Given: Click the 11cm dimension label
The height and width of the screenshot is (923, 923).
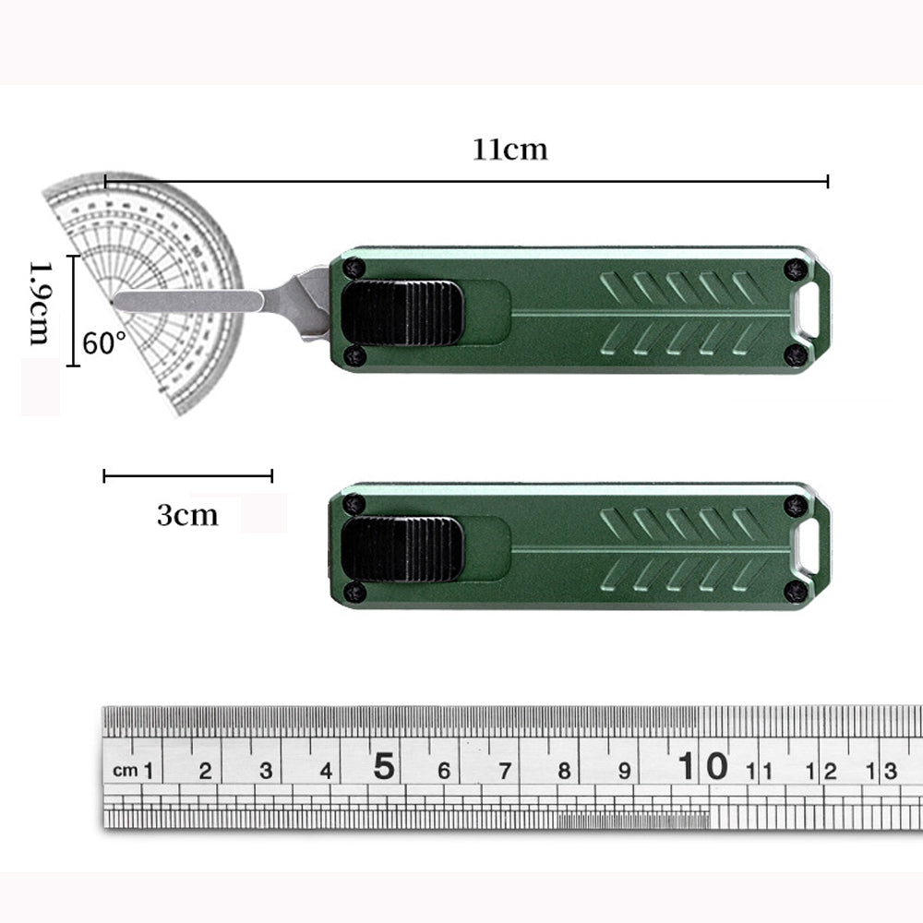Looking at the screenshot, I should tap(510, 149).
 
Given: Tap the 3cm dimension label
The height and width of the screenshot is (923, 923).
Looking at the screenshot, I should tap(187, 514).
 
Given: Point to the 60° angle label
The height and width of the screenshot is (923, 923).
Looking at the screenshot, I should tap(104, 343).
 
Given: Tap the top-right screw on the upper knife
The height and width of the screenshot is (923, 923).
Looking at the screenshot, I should tap(796, 269).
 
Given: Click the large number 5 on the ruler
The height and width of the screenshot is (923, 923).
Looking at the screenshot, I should tap(384, 766).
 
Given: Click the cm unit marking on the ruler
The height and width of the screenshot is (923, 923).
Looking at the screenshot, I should tap(125, 770).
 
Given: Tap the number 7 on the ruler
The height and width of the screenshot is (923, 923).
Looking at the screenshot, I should tap(504, 771).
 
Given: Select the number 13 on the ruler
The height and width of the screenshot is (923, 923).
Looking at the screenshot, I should tap(884, 771).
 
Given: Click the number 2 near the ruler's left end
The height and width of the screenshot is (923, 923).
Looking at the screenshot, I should tap(205, 771).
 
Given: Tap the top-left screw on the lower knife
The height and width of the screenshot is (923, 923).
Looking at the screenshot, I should tap(353, 504).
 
